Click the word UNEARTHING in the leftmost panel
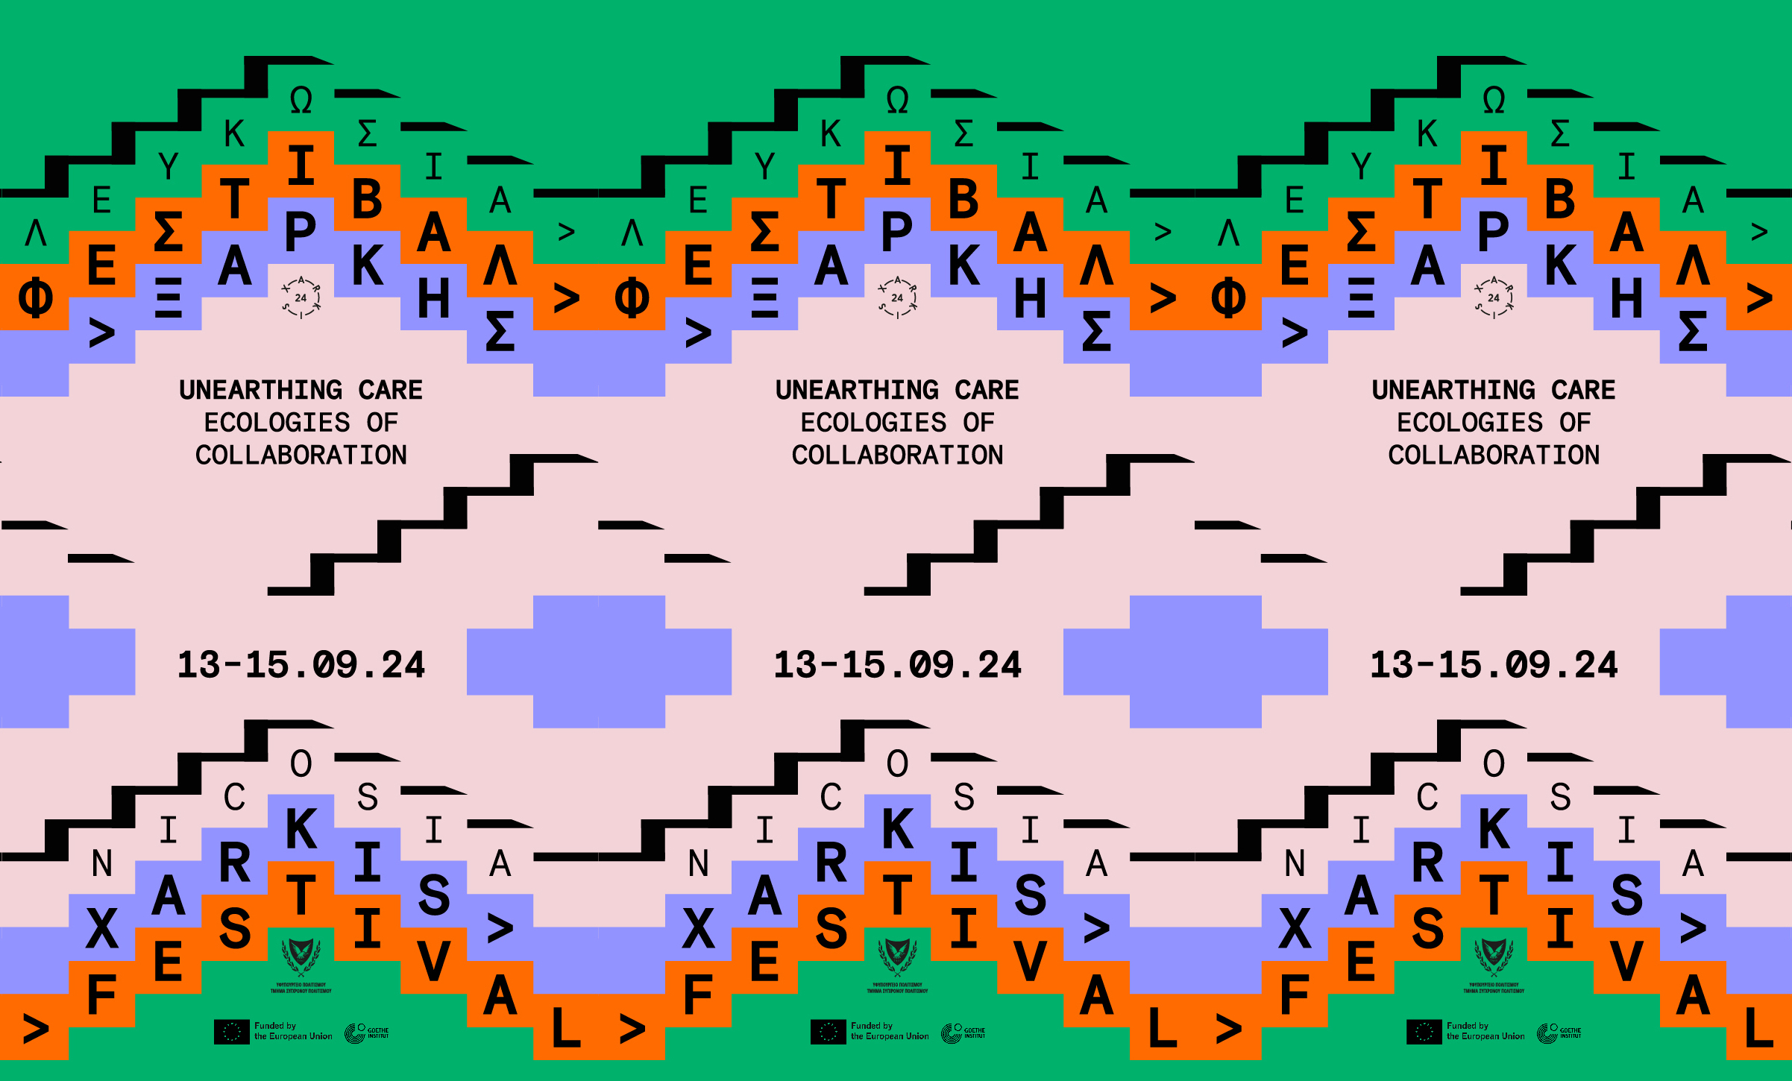tap(260, 390)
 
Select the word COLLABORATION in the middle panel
tap(897, 455)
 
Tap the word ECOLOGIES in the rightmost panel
tap(1469, 423)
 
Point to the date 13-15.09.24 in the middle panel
tap(897, 665)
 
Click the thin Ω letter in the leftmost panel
tap(301, 101)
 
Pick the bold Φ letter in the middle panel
tap(632, 299)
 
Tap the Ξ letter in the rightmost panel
tap(1361, 299)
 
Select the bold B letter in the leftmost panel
tap(367, 200)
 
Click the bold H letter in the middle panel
tap(1030, 299)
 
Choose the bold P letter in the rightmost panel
tap(1493, 233)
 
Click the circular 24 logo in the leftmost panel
tap(301, 297)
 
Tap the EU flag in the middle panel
tap(828, 1032)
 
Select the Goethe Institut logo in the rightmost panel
tap(1559, 1033)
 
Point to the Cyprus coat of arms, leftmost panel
tap(301, 958)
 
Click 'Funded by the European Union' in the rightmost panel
tap(1485, 1031)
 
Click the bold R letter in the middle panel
tap(831, 863)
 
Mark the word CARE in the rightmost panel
tap(1582, 390)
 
